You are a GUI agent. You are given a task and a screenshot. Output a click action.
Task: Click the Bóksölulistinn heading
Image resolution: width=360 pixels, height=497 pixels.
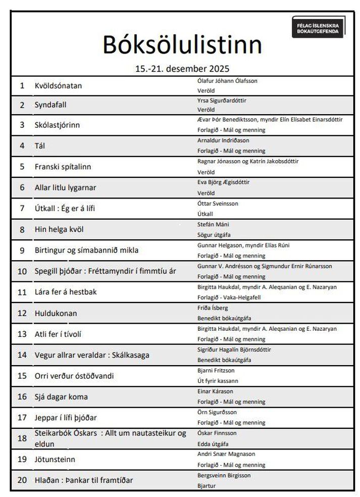coord(182,44)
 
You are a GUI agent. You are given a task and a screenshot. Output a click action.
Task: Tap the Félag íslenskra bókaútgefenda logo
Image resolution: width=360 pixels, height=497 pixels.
coord(318,27)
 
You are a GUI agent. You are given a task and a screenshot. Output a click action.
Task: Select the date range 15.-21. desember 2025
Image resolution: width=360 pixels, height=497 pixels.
coord(182,68)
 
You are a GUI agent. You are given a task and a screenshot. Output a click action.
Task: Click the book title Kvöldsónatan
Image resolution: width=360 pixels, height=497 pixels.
coord(58,85)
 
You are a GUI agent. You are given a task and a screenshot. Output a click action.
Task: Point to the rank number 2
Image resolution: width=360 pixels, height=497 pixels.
coord(22,105)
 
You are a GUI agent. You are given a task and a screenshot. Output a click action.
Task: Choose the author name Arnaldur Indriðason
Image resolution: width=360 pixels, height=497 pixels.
coord(223,140)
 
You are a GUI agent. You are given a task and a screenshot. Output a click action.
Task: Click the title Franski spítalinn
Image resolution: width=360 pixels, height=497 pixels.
coord(63,166)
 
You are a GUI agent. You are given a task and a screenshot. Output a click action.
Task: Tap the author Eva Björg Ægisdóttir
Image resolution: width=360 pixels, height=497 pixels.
coord(223,182)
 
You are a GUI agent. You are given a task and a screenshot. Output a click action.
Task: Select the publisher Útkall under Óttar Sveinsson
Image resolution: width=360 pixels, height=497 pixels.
coord(205,214)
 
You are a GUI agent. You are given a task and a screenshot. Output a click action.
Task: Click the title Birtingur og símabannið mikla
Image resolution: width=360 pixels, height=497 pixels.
coord(86,250)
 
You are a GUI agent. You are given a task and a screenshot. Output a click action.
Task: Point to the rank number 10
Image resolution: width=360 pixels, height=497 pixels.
coord(22,271)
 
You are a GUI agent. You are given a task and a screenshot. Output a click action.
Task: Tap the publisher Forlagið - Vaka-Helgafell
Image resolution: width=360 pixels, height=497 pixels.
coord(229,297)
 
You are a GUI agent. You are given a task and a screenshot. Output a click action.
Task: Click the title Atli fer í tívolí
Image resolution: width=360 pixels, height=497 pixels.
coord(58,334)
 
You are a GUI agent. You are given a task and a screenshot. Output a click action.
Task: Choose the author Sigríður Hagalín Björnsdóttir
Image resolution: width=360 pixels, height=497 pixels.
coord(234,350)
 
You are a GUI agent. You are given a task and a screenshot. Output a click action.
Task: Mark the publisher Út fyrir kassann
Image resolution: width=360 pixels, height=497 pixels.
coord(218,381)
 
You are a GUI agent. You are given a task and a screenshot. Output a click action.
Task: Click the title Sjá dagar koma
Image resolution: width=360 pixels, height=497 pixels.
coord(61,396)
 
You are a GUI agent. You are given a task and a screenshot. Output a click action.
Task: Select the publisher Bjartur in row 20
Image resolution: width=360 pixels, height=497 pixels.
coord(206,485)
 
